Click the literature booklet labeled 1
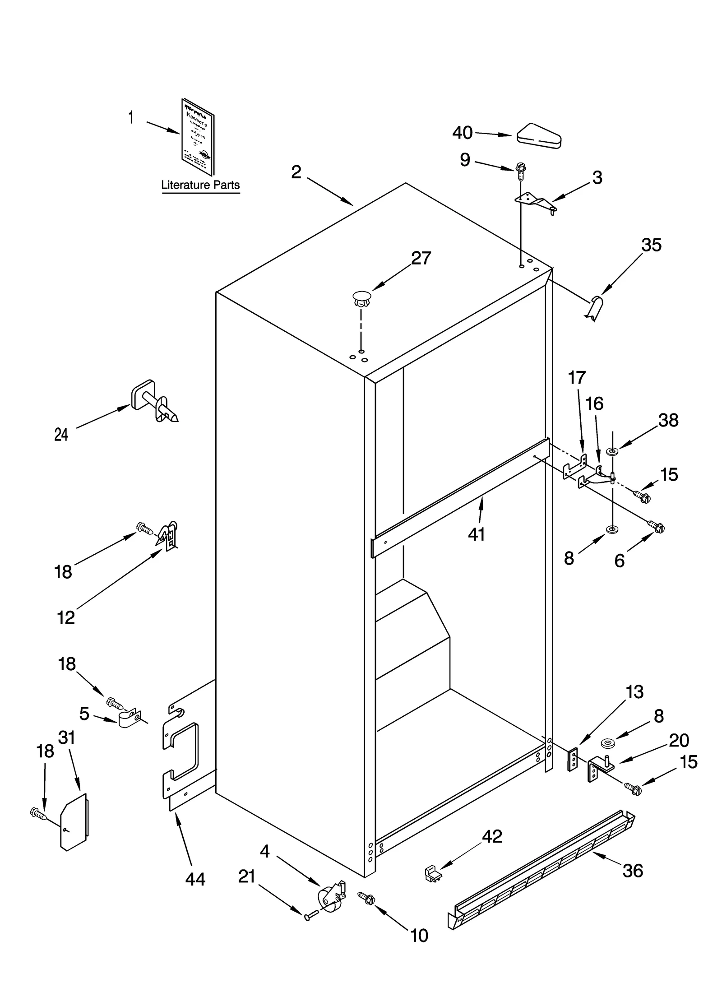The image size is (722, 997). coord(198,137)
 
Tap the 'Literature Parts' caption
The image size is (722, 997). coord(200,185)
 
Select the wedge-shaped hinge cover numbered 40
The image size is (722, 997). coord(539,135)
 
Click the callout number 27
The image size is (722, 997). coord(421,259)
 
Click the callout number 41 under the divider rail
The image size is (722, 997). coord(476,535)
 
